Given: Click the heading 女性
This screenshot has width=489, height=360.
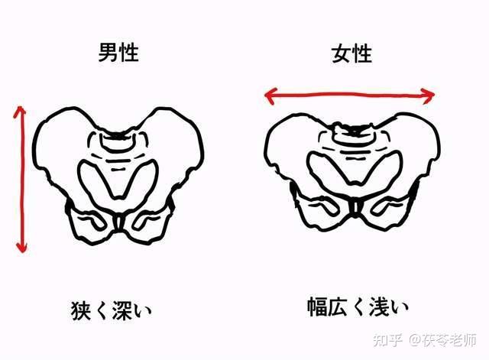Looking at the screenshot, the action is point(351,54).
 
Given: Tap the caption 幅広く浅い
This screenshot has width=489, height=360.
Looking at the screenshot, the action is point(353,309).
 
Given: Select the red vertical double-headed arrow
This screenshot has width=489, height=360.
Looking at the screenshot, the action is point(21,180).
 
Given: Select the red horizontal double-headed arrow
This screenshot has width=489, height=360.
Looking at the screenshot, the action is point(349,95).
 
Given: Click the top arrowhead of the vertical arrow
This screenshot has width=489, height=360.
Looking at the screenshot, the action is point(21,110).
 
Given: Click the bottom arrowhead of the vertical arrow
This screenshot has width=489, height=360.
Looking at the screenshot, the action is point(21,248).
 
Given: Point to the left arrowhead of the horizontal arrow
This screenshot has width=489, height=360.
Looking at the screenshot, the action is point(269,95).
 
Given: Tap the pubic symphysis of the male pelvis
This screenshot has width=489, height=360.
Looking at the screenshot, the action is point(119,222).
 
